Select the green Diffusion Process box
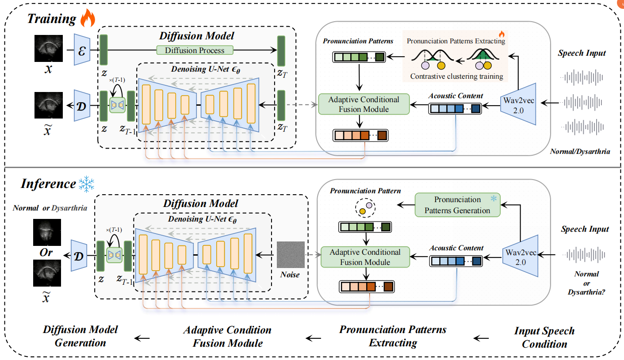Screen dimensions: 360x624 click(195, 50)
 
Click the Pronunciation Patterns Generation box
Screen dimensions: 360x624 click(457, 205)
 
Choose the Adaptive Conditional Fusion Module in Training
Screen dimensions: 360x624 click(364, 104)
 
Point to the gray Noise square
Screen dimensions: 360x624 click(291, 254)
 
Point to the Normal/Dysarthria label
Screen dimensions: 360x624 click(580, 151)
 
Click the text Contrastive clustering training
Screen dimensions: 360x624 click(456, 76)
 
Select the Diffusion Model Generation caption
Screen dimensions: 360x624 click(80, 336)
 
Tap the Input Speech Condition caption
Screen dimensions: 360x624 click(544, 337)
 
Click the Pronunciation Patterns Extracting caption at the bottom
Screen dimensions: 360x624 click(393, 336)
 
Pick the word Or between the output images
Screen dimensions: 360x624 click(46, 253)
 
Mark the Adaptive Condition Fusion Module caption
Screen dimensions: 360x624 click(227, 336)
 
